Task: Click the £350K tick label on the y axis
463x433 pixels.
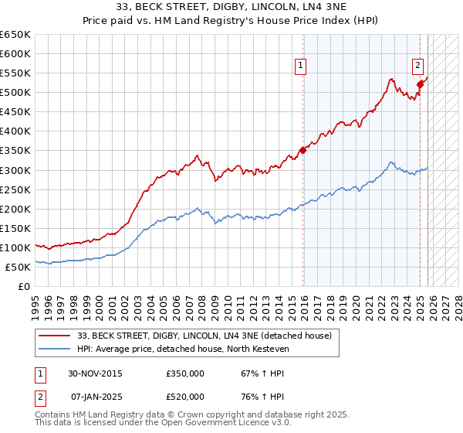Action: [x=15, y=151]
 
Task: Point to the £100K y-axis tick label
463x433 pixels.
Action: [x=15, y=247]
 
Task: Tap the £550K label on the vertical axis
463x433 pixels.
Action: [x=15, y=73]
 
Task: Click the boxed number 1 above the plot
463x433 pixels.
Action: [x=300, y=66]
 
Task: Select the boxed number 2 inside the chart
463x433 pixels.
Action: [x=417, y=66]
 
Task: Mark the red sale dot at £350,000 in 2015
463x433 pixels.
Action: [x=302, y=150]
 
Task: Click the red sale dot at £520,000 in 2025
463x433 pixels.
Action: [x=420, y=84]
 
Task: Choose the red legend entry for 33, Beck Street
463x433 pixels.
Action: [x=204, y=336]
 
